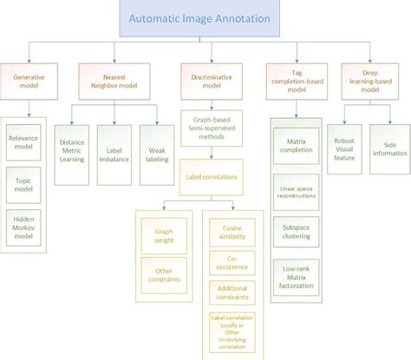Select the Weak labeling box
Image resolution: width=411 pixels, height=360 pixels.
click(156, 141)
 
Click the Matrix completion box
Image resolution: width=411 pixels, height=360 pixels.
click(296, 141)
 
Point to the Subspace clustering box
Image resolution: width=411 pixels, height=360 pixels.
click(296, 232)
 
